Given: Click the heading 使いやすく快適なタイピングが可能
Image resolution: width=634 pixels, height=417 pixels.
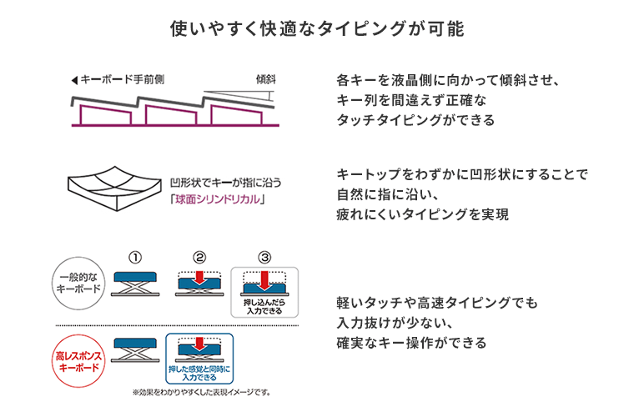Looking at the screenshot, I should [x=316, y=28].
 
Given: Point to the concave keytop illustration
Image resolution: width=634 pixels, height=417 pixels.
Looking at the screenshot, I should [x=113, y=190].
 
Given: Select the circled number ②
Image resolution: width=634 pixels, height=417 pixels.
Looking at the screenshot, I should [x=199, y=257].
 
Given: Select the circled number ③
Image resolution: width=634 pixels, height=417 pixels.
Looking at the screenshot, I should [x=264, y=257].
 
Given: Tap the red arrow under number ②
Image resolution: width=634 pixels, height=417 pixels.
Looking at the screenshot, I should [x=199, y=277].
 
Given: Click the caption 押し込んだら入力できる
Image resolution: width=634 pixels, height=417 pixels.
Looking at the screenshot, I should [x=264, y=306].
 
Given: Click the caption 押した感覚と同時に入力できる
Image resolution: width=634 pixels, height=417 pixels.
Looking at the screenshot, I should [x=199, y=369].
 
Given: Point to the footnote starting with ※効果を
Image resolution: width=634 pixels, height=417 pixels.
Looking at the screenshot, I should [x=200, y=392].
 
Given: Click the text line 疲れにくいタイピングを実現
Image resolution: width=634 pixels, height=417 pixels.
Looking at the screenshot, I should [x=422, y=214].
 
